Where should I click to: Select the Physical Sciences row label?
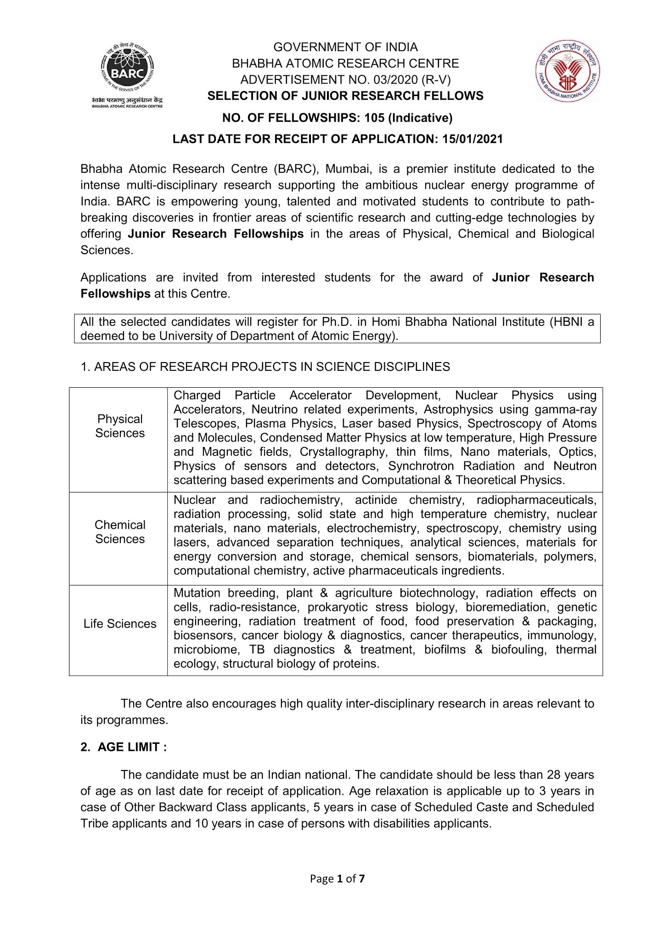point(120,426)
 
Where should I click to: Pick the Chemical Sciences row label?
point(120,532)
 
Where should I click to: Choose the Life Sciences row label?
point(120,624)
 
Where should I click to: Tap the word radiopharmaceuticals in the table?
point(536,500)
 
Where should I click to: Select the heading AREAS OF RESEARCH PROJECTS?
point(271,367)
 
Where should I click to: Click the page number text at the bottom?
point(338,879)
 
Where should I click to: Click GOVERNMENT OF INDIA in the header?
point(345,47)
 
